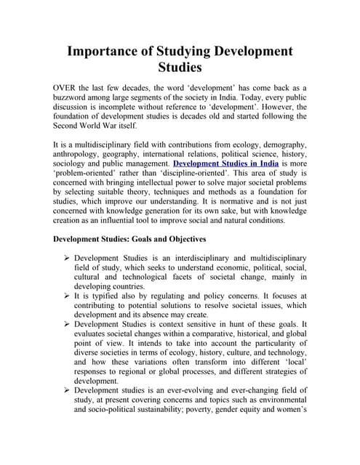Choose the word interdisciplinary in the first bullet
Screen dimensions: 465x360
(212, 257)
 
